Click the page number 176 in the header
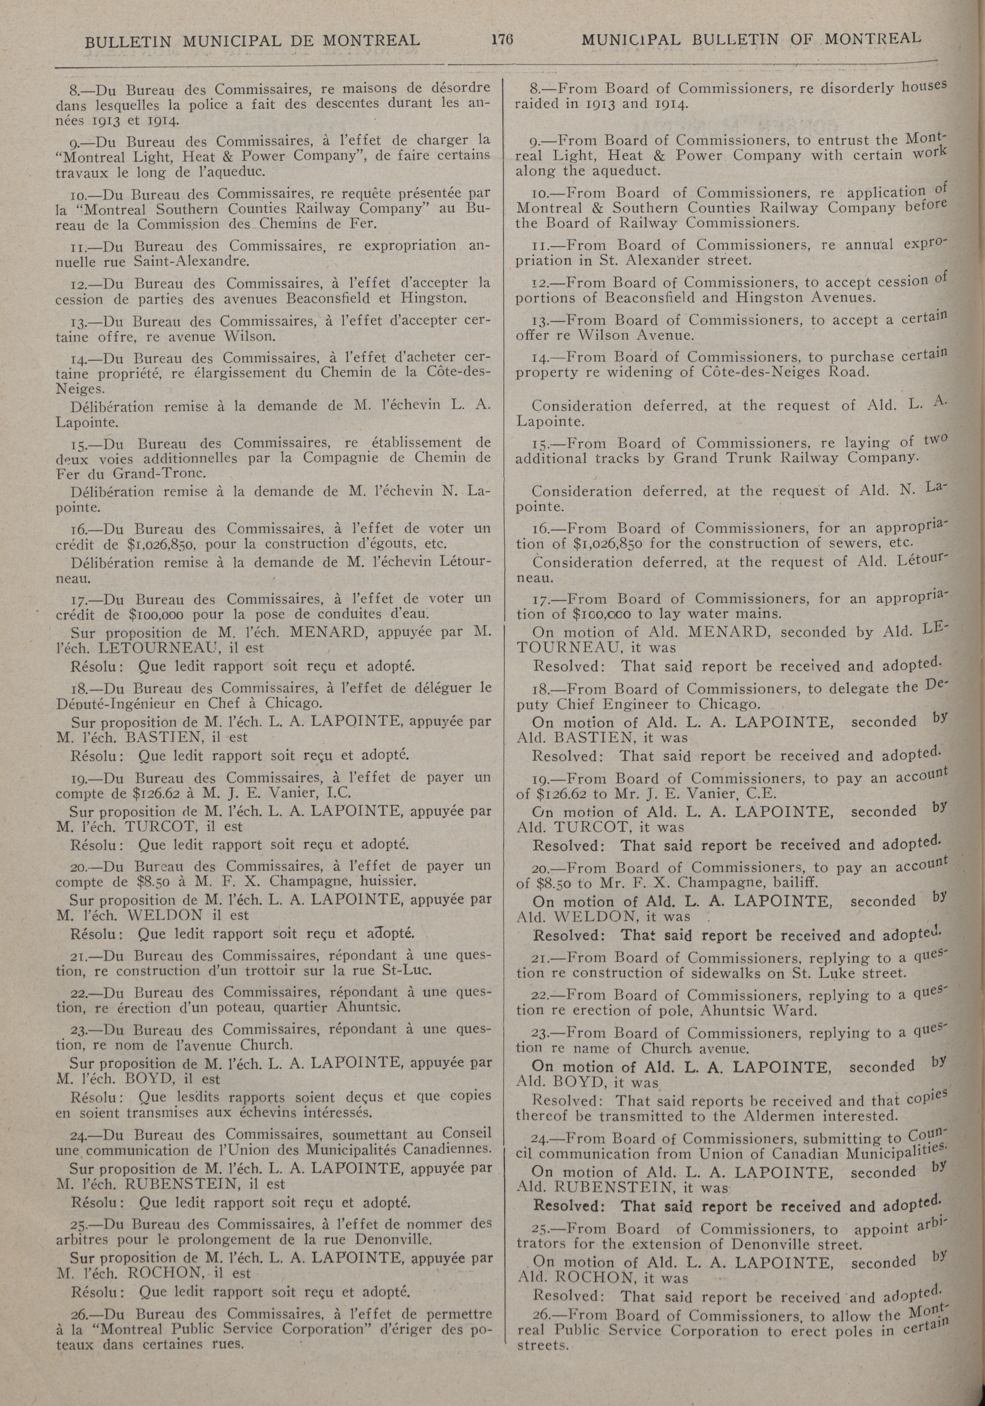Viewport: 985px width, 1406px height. click(500, 40)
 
